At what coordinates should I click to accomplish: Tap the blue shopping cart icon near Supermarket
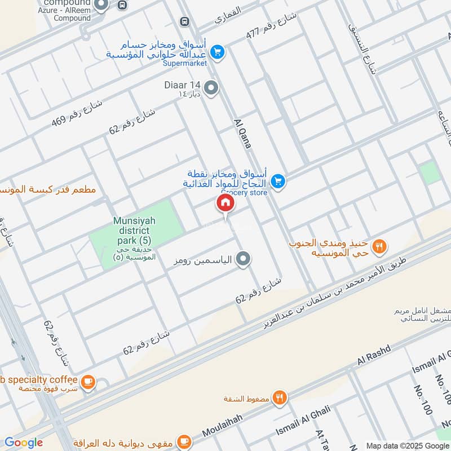tap(216, 52)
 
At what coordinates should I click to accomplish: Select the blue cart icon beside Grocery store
tap(277, 182)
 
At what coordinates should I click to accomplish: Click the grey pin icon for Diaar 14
tap(211, 88)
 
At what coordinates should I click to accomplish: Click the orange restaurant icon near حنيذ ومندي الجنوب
tap(379, 246)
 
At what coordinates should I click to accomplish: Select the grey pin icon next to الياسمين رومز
tap(243, 259)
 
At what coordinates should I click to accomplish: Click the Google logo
tap(23, 443)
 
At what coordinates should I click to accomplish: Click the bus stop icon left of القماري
tap(184, 21)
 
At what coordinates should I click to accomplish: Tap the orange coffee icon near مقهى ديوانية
tap(183, 441)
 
